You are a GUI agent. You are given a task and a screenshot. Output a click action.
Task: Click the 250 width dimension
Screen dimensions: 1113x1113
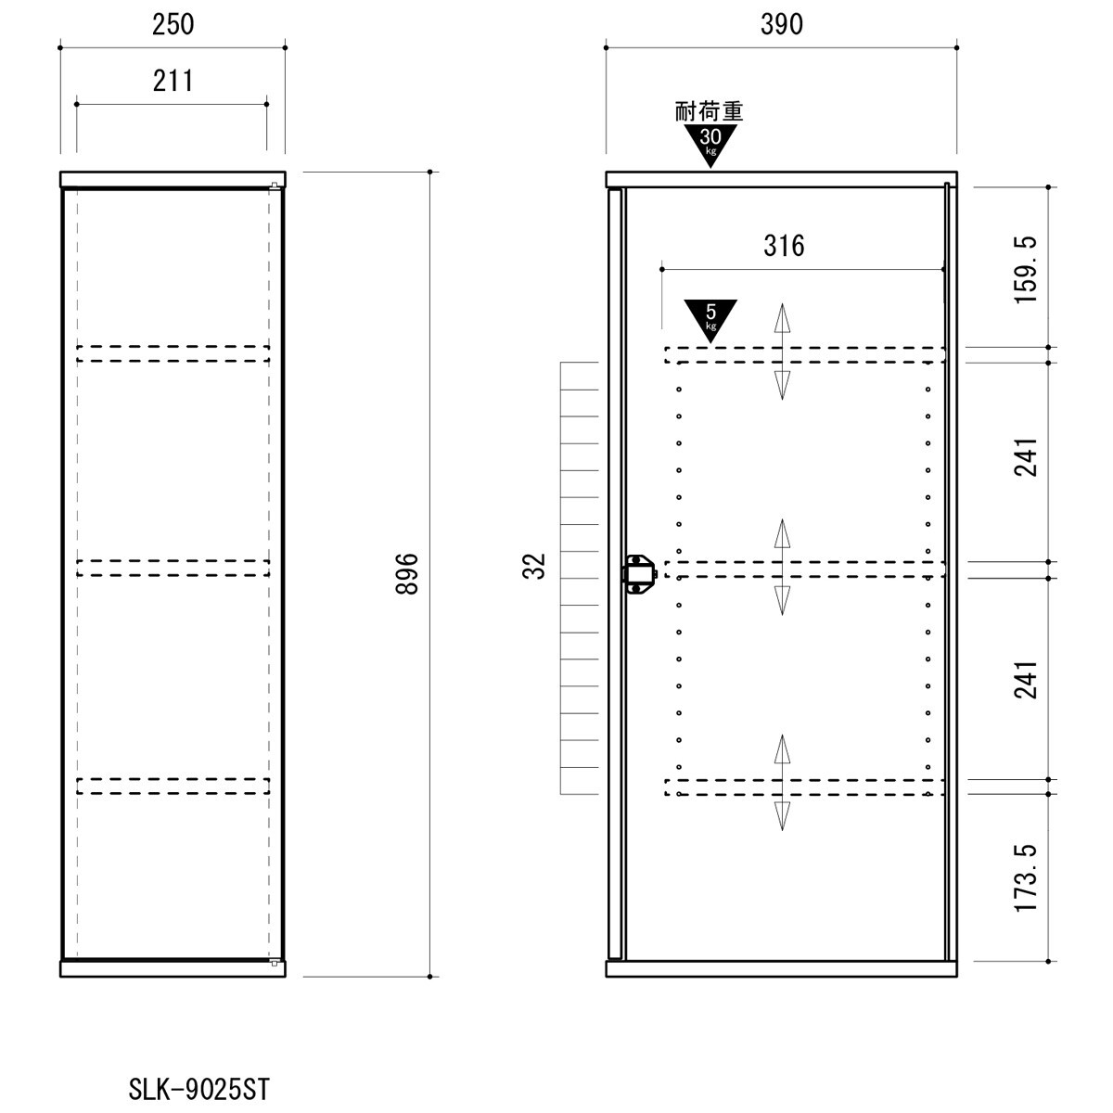[x=173, y=25]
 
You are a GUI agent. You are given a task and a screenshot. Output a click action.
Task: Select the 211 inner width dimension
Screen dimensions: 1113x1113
[x=173, y=81]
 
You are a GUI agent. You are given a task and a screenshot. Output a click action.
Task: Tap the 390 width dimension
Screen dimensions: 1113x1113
[x=782, y=25]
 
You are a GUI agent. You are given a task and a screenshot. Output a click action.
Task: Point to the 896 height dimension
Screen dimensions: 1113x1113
[x=407, y=573]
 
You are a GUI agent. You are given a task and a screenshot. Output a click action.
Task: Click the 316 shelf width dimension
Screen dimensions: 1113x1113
[x=784, y=246]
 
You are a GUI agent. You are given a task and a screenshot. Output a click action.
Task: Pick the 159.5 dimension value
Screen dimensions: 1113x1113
[x=1027, y=269]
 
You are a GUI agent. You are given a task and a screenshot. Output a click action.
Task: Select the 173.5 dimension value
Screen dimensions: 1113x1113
[x=1027, y=877]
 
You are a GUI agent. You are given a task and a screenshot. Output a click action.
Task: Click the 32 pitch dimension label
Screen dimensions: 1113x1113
[x=534, y=566]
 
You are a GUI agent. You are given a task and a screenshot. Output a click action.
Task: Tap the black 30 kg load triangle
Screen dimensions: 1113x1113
[x=710, y=146]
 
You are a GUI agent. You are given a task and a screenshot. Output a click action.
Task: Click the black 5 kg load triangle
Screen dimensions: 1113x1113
[x=710, y=321]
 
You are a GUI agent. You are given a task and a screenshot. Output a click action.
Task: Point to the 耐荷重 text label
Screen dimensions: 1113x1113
[x=710, y=111]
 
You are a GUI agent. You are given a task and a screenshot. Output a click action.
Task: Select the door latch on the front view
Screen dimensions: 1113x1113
[x=639, y=573]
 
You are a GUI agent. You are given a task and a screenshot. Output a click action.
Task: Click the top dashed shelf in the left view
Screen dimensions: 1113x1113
[x=173, y=354]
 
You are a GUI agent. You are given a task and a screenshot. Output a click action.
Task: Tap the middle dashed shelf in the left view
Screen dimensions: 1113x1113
[x=173, y=568]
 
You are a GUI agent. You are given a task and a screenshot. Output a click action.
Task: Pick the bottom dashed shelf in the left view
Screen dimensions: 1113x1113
[x=173, y=786]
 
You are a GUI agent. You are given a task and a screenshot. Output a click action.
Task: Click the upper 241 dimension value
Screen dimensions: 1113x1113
[x=1027, y=457]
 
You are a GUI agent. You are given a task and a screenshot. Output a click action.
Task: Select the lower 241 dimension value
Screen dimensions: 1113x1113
[x=1027, y=680]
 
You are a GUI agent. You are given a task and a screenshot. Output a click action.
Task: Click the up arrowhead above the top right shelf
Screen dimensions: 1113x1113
[x=782, y=317]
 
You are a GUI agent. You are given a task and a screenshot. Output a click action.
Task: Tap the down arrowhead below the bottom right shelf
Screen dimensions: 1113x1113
[x=782, y=816]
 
